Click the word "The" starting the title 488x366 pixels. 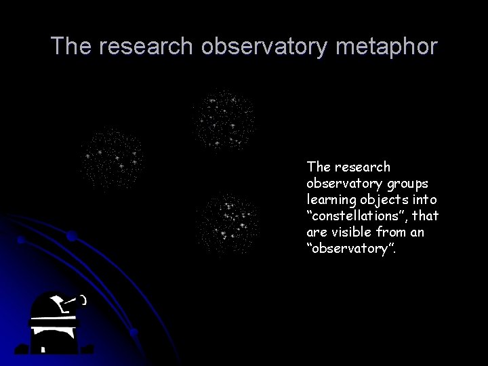72,47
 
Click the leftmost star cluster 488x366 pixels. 112,159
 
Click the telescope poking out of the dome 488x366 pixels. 68,302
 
